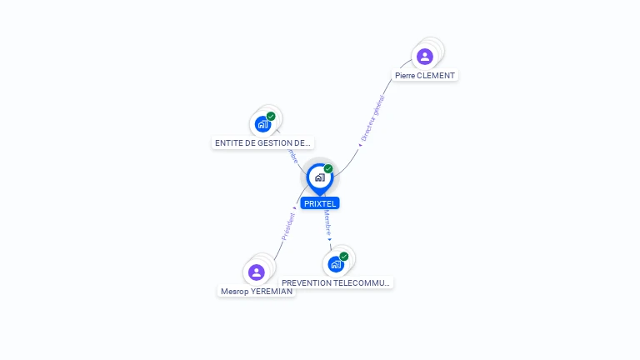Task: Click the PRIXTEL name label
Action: (319, 203)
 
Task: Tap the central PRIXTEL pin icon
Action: (319, 177)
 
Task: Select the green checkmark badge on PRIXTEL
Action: (328, 169)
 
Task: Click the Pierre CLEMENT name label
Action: (425, 75)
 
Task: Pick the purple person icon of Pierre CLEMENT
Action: (425, 57)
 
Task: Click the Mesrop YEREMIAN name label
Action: (257, 292)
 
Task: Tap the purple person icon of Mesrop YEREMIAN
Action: (257, 272)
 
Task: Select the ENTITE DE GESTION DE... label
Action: (263, 143)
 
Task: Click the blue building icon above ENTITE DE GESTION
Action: (263, 124)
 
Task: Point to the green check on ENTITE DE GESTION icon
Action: (271, 117)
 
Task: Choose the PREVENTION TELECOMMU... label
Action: (336, 282)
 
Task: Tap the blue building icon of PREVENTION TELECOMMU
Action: (336, 264)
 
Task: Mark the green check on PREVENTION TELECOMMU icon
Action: (343, 257)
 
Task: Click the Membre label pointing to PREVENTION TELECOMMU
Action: (327, 222)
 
